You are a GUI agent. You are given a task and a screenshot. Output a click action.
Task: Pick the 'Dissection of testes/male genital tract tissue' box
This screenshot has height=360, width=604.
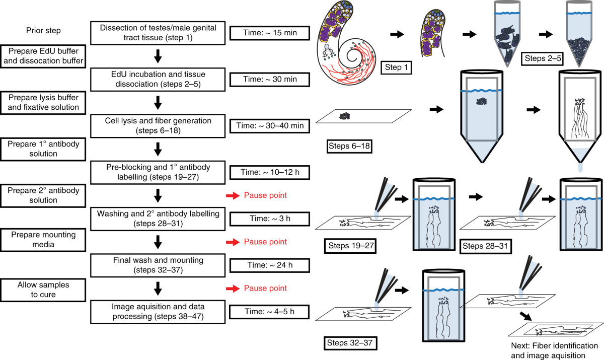(x=158, y=33)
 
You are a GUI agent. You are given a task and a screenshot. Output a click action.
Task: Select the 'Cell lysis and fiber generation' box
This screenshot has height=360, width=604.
(x=158, y=125)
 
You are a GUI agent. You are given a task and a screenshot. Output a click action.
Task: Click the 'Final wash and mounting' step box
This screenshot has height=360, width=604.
(x=158, y=265)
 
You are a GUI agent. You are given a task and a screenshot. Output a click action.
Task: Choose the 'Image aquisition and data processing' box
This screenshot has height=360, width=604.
(x=158, y=311)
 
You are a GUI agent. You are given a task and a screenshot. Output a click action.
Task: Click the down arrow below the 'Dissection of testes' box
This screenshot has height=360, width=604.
(x=158, y=56)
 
